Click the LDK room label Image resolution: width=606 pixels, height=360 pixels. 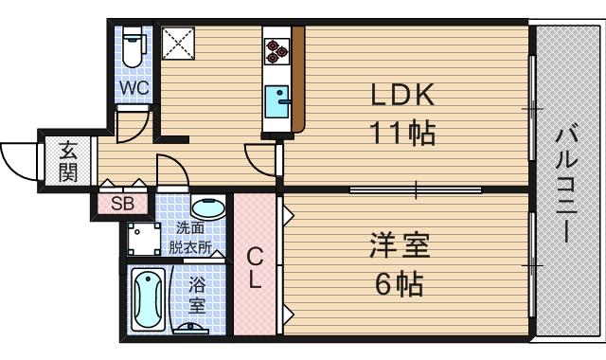click(x=401, y=96)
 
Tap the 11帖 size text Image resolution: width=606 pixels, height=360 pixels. click(x=401, y=134)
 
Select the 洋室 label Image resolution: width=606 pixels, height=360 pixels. click(x=399, y=248)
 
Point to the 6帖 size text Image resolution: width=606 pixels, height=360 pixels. click(x=399, y=282)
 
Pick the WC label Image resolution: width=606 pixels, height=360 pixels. click(x=134, y=89)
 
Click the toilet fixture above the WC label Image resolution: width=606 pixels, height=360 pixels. click(x=134, y=47)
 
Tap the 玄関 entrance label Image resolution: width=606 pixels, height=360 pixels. click(x=68, y=161)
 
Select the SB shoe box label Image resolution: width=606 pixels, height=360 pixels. click(x=121, y=203)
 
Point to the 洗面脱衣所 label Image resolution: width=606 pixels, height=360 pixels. click(x=193, y=237)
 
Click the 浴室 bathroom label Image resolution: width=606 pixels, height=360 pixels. click(x=197, y=295)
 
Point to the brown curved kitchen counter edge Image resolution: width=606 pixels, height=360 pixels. click(x=298, y=81)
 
